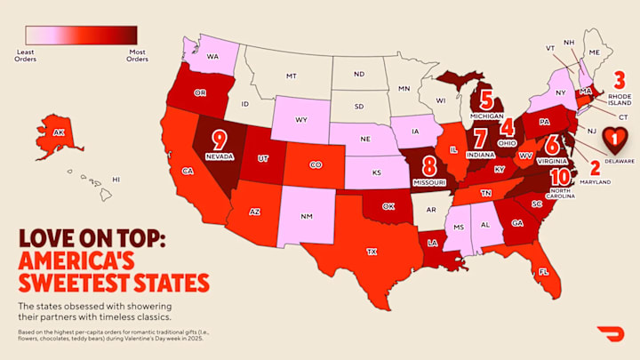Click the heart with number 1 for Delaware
(614, 138)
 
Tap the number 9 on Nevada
(217, 140)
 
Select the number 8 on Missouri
(429, 165)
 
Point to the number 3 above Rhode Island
(620, 78)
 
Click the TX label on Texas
(372, 252)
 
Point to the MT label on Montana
(291, 76)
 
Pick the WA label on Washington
(213, 56)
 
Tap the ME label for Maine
(595, 52)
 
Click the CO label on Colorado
(315, 164)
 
